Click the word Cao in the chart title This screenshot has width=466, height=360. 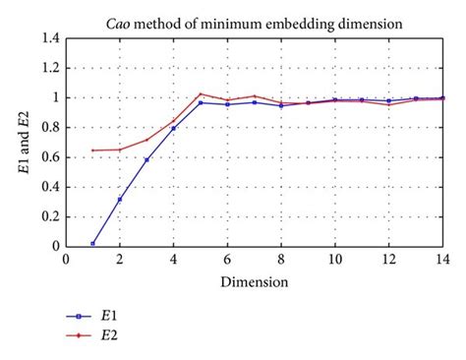[125, 20]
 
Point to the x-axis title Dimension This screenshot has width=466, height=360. [254, 281]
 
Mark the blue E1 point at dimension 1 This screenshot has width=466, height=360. [92, 243]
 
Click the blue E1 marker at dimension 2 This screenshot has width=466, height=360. [120, 200]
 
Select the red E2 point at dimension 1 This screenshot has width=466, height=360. [92, 150]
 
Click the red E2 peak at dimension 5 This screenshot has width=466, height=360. [201, 93]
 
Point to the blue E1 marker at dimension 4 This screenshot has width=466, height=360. [173, 128]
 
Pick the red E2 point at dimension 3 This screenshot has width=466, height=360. [146, 140]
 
